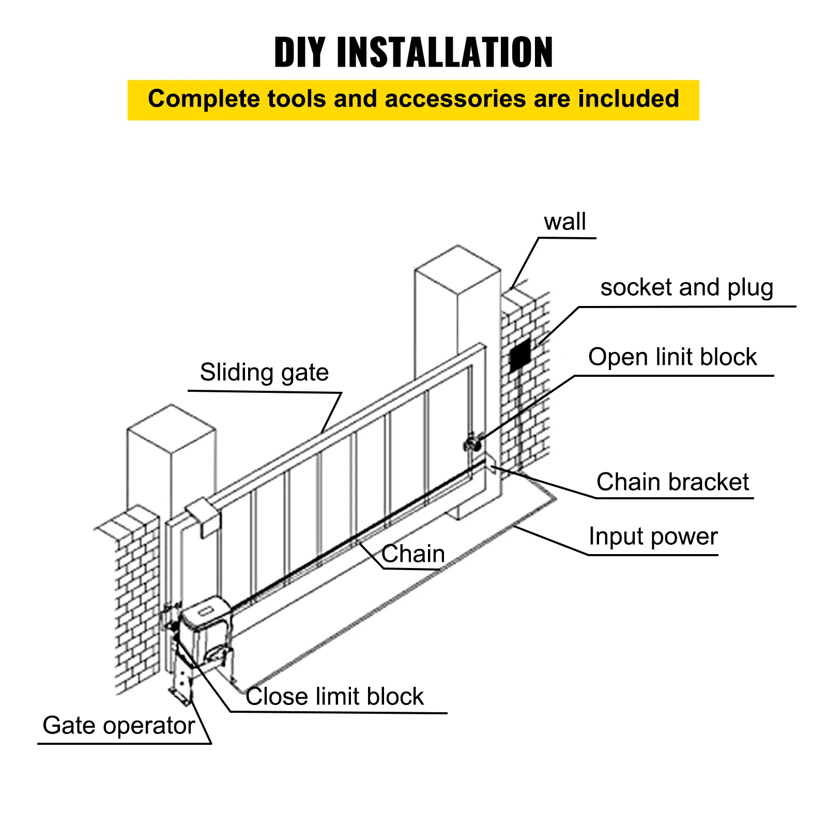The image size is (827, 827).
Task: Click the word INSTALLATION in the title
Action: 445,52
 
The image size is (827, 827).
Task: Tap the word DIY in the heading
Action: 299,52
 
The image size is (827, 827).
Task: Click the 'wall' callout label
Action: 564,222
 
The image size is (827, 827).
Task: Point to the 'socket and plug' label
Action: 686,288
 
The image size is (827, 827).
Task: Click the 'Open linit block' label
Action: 672,357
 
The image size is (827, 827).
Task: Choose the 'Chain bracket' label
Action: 672,482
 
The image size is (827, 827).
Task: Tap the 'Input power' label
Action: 653,537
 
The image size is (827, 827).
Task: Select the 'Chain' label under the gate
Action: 413,554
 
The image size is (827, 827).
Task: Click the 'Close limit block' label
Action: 334,696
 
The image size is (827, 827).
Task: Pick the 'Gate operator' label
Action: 118,726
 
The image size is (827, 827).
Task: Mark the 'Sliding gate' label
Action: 264,373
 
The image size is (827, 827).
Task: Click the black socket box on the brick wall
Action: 519,356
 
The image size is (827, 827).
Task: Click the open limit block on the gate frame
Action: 471,443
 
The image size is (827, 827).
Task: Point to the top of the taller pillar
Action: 457,269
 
